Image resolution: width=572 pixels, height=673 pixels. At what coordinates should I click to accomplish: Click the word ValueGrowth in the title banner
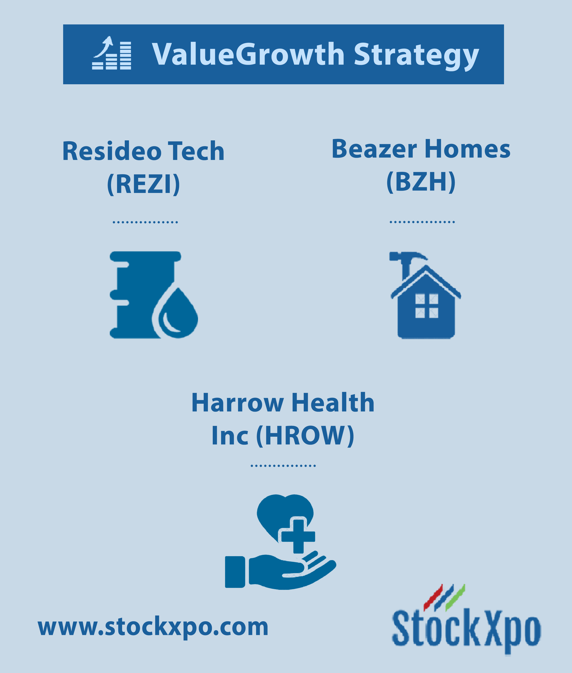pos(248,54)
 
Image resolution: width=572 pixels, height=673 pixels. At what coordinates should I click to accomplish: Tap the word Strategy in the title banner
pos(416,56)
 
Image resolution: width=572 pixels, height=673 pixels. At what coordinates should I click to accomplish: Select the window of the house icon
pos(427,306)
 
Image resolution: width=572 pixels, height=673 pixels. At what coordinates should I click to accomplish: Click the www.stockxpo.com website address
pos(153,627)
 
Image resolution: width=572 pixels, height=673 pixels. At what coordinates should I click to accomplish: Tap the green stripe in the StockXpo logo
pos(455,597)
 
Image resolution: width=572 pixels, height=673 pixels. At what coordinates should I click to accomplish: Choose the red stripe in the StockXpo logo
pos(433,597)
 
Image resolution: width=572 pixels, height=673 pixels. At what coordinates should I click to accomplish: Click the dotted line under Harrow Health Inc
pos(283,466)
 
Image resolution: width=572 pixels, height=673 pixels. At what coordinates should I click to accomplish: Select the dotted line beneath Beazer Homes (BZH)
pos(422,222)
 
